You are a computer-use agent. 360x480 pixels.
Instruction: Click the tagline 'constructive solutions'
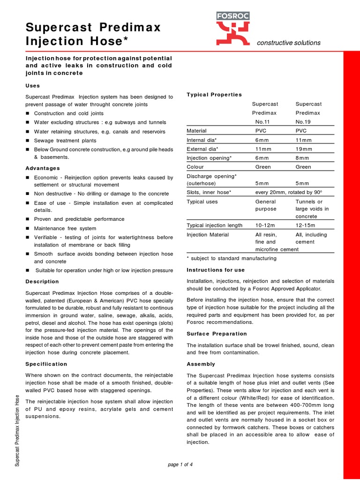pyautogui.click(x=289, y=43)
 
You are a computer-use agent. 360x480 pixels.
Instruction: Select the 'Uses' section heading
pyautogui.click(x=32, y=86)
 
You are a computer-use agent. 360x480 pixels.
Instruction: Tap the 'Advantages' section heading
pyautogui.click(x=42, y=168)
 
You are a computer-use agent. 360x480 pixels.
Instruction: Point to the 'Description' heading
pyautogui.click(x=42, y=281)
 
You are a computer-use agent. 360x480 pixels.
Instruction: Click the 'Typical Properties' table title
pyautogui.click(x=214, y=95)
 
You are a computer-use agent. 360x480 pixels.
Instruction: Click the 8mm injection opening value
pyautogui.click(x=302, y=158)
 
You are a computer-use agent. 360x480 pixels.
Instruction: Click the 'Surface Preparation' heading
pyautogui.click(x=217, y=334)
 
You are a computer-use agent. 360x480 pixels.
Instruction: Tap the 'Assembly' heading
pyautogui.click(x=201, y=364)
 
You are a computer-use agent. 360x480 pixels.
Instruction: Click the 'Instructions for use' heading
pyautogui.click(x=216, y=270)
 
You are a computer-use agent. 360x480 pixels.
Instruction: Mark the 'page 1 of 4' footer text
pyautogui.click(x=180, y=465)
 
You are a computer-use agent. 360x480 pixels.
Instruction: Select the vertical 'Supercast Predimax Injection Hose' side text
pyautogui.click(x=17, y=430)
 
